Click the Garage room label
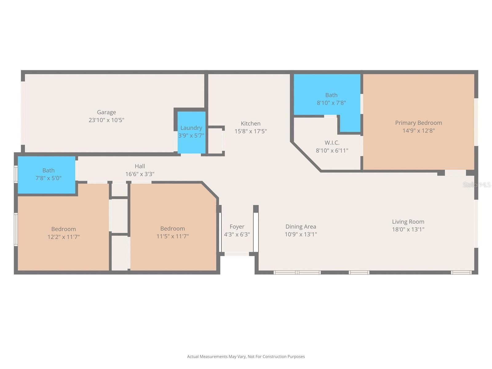coord(106,112)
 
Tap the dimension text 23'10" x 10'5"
coord(106,120)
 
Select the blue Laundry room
coord(191,132)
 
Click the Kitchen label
coord(250,124)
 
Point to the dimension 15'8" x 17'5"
coord(250,131)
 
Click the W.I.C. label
coord(332,143)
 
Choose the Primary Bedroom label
coord(418,123)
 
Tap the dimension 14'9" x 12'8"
coord(418,131)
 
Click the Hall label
coord(140,166)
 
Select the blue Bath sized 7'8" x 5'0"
coord(46,175)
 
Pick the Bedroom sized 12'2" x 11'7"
coord(63,233)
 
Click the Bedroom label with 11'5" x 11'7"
coord(172,228)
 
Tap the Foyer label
coord(237,227)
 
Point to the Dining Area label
coord(300,227)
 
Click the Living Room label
coord(408,222)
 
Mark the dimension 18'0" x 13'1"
coord(408,229)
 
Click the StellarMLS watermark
coord(476,185)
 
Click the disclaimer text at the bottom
coord(246,357)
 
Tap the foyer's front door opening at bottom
coord(236,254)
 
